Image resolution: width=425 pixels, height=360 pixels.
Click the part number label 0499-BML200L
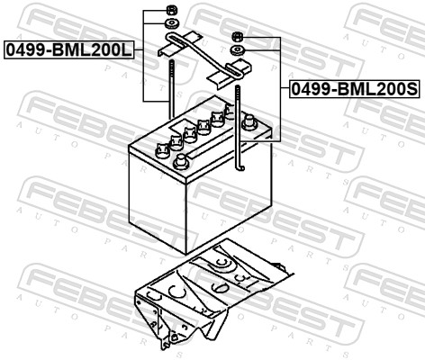68,49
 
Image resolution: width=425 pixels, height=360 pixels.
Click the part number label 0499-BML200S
355,89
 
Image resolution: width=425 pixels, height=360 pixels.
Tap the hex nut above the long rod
171,11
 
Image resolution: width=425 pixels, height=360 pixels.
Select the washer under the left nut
172,23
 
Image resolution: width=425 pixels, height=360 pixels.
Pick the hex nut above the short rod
237,37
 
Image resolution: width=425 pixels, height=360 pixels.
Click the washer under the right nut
238,50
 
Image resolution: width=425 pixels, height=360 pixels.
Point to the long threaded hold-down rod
171,89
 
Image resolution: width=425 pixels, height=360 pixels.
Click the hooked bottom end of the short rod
240,166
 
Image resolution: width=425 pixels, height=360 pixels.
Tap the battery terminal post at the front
181,162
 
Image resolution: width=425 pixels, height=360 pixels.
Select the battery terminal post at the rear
249,122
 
